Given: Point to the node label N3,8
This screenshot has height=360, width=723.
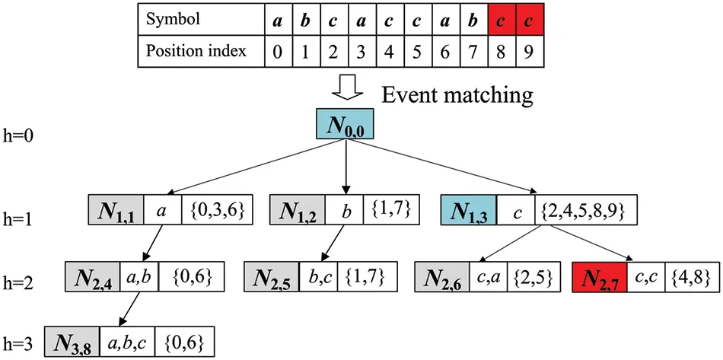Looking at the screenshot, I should pos(72,339).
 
